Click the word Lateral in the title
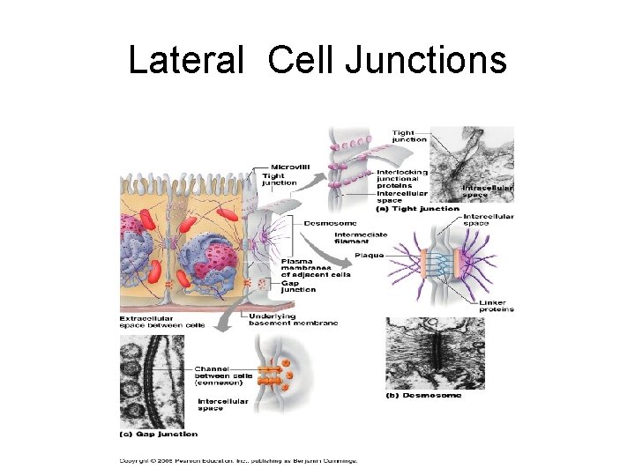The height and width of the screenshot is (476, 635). click(x=184, y=62)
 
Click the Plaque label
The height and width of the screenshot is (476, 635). click(x=369, y=256)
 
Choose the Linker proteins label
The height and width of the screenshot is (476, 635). click(x=497, y=306)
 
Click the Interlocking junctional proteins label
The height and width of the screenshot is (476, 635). click(x=401, y=178)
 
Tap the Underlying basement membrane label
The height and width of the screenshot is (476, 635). click(x=293, y=320)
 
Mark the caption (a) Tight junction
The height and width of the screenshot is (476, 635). click(x=417, y=209)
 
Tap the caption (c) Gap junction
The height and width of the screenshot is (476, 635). click(x=159, y=433)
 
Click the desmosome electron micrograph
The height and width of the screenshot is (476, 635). click(x=434, y=353)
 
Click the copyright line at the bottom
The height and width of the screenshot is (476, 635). click(x=238, y=459)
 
